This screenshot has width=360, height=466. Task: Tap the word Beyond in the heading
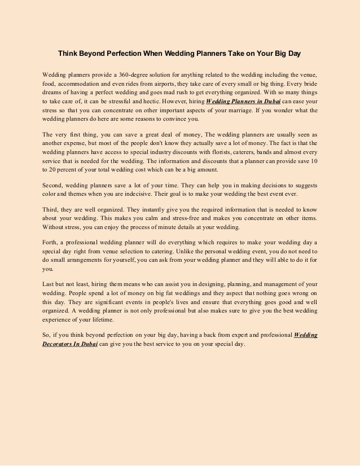(x=95, y=54)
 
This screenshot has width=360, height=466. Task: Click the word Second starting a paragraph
(x=54, y=186)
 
